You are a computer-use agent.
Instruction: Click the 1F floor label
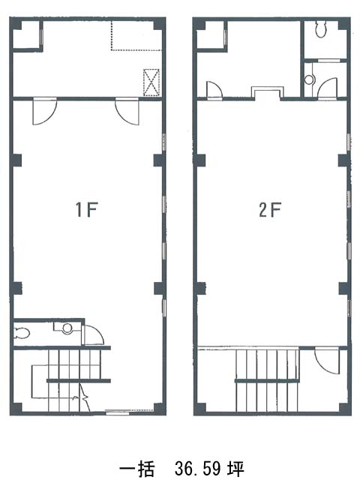87,210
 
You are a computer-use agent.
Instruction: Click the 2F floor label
270,210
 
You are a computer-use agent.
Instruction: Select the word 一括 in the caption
136,468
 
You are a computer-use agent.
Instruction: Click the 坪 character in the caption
235,468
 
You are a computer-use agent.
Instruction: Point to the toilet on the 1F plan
22,333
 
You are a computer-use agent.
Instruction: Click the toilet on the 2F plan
320,29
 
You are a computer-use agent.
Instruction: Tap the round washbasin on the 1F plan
67,328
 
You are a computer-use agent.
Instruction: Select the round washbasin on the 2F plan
309,79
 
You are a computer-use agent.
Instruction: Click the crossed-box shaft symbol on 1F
151,82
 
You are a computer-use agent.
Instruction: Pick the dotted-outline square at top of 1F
136,35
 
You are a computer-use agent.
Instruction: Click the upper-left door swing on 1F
45,112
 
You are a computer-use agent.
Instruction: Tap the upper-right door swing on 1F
127,112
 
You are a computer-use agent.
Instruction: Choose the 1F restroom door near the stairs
93,335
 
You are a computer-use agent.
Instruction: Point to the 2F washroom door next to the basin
327,88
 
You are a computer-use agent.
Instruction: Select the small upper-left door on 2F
214,90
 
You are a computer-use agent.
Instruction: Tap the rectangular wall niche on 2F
268,93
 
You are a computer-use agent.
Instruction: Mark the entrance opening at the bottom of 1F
130,412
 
